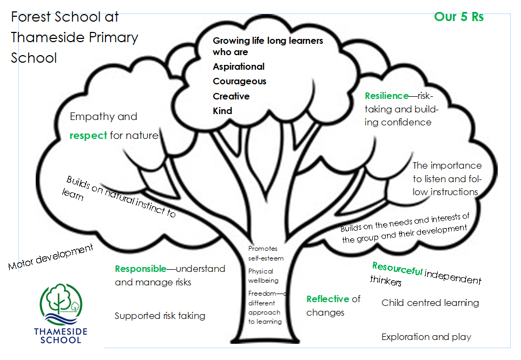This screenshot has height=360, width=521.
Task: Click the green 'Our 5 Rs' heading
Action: pos(459,16)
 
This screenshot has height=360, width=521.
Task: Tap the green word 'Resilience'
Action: pos(386,96)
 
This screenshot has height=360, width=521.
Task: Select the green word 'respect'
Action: pos(88,135)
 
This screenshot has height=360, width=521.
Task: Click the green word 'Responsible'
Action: pos(140,269)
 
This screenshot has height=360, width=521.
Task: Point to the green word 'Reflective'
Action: pos(328,299)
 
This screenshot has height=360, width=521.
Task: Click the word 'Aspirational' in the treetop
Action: pos(239,66)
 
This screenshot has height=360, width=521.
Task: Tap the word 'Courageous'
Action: pos(239,81)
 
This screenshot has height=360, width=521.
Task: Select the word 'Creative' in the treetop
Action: pos(231,96)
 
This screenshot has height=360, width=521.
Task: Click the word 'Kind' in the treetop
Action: pos(222,111)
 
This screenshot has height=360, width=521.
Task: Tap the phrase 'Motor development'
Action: pos(51,257)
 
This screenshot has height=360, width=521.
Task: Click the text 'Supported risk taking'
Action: pos(160,316)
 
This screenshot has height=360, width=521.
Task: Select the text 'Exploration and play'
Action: pos(426,337)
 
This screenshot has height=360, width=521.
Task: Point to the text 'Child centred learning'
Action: pos(430,303)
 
